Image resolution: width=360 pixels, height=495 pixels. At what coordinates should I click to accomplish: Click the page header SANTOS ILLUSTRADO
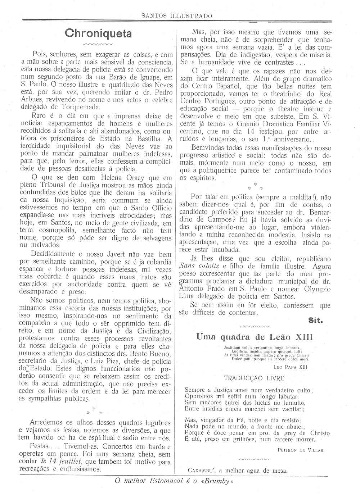click(x=176, y=16)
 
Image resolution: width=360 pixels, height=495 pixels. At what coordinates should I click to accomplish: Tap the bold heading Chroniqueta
click(x=98, y=33)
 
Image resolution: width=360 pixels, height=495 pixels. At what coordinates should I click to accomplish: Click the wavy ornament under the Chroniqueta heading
click(x=98, y=45)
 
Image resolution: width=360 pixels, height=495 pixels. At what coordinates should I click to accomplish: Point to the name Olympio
click(x=315, y=289)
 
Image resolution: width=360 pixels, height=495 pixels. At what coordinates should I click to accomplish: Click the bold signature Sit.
click(x=315, y=320)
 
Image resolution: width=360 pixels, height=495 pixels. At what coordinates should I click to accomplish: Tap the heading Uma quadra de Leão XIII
click(x=255, y=337)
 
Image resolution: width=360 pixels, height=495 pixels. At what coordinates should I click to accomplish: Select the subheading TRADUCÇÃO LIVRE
click(x=254, y=378)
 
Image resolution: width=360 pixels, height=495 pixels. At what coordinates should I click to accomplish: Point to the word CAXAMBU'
click(x=201, y=470)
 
